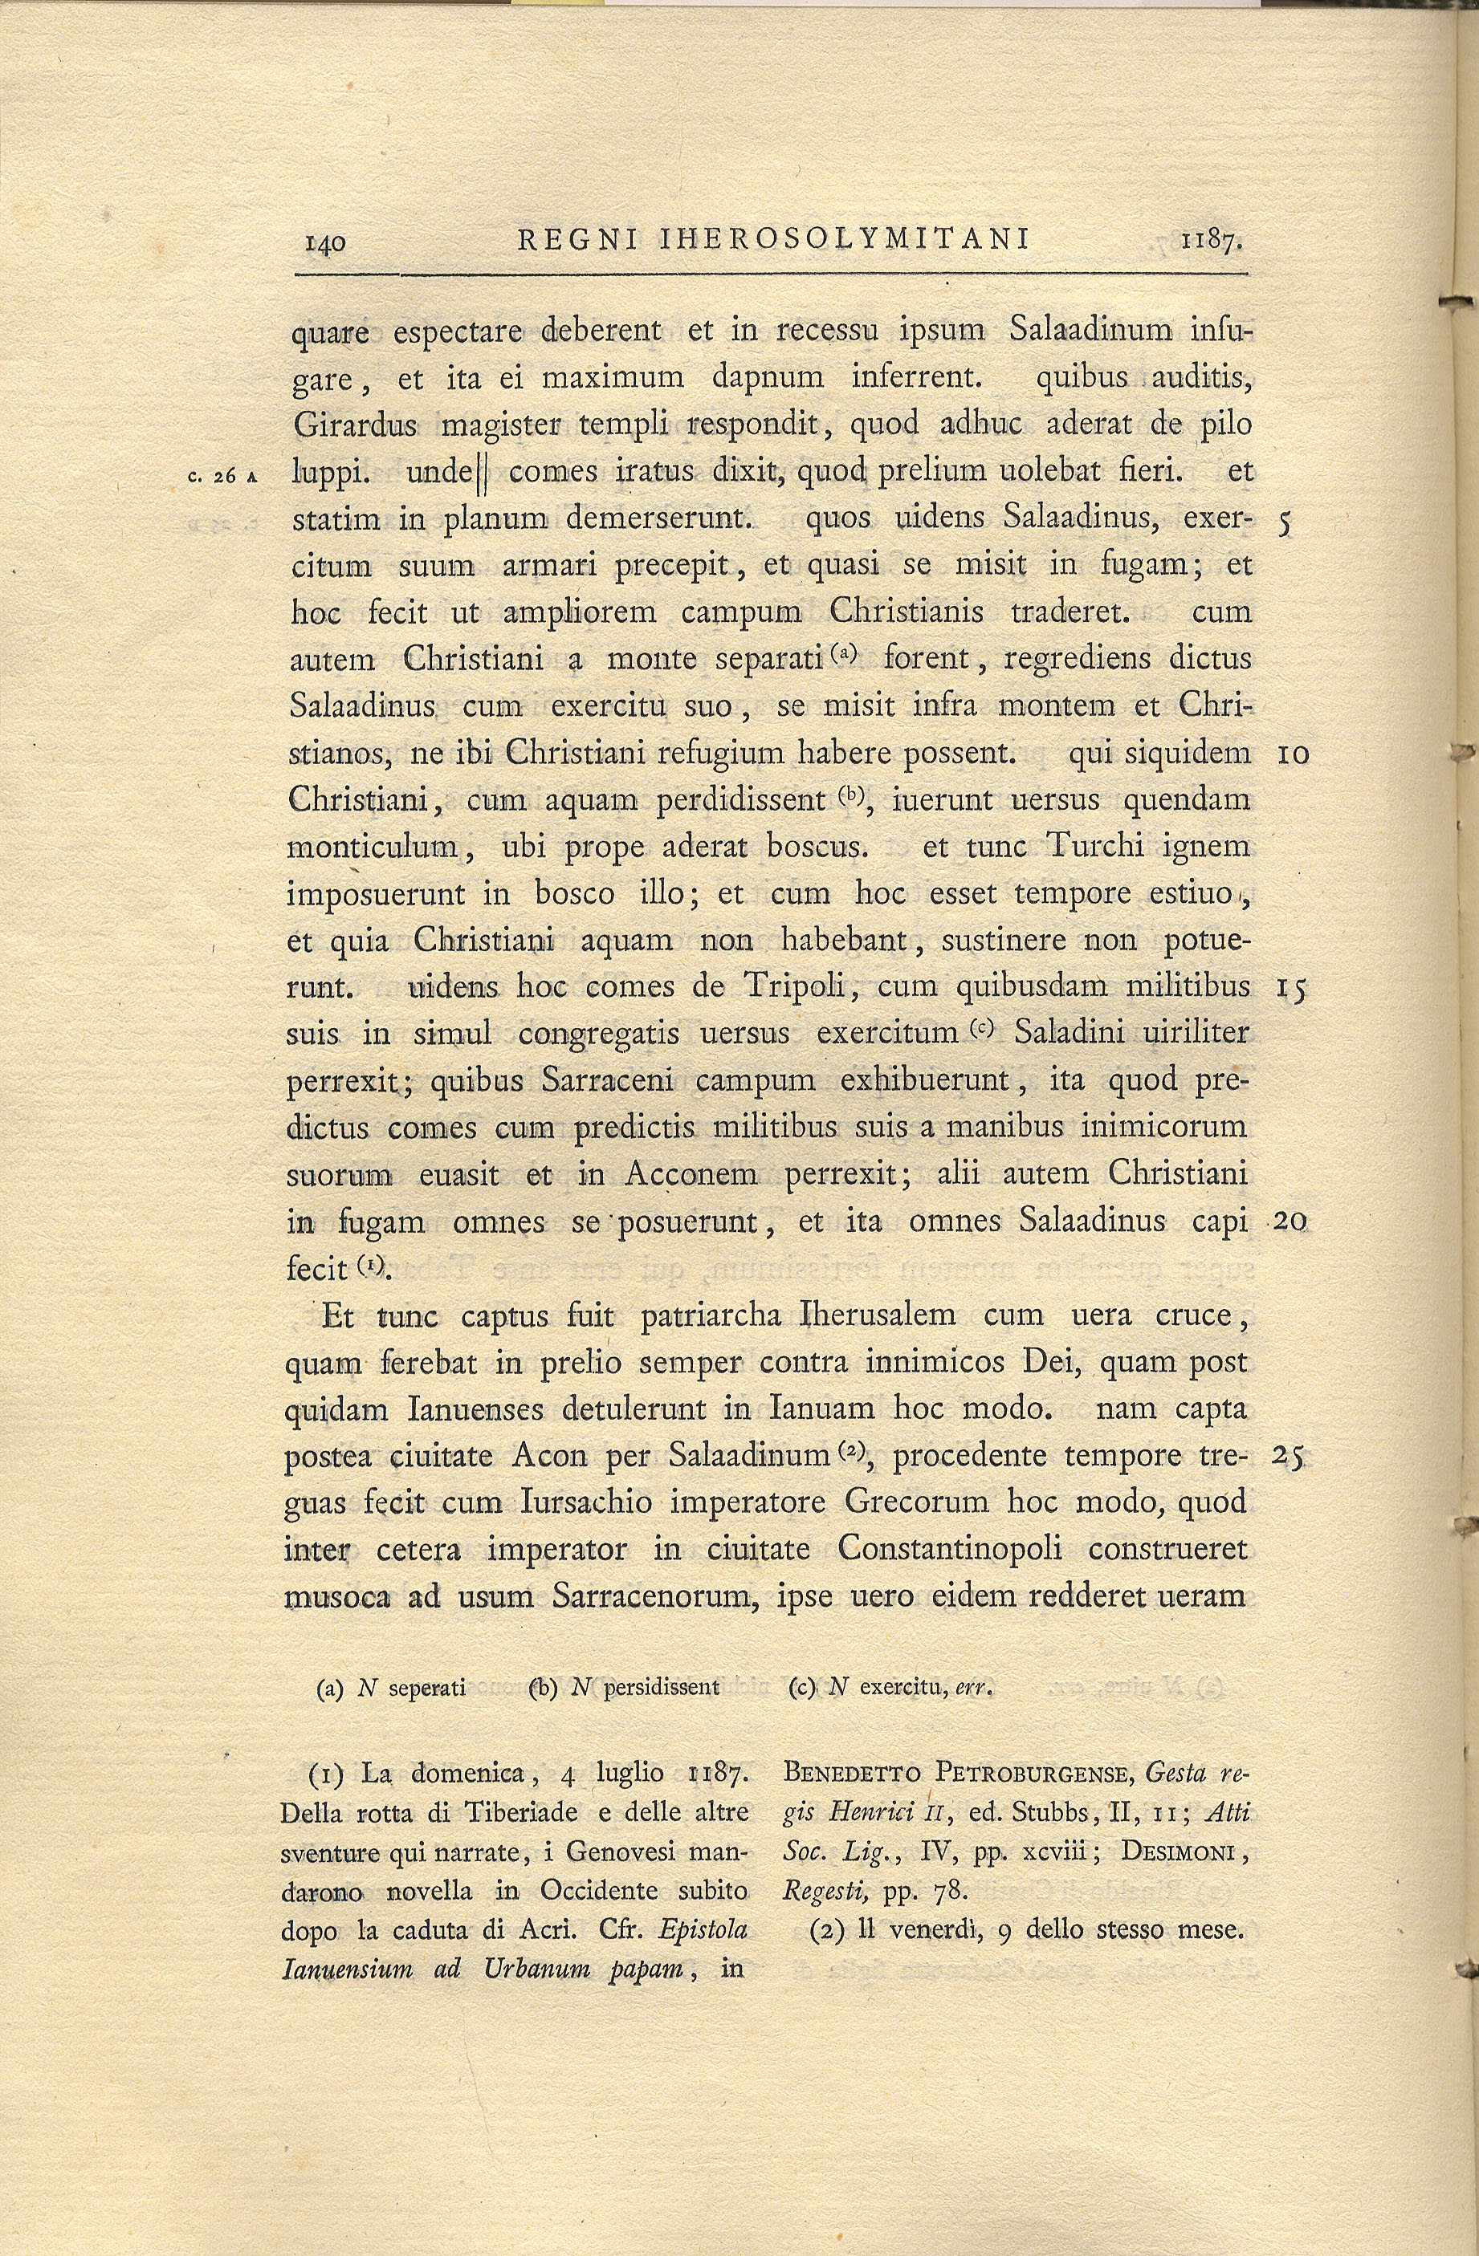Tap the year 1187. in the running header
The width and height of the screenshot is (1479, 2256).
tap(1211, 242)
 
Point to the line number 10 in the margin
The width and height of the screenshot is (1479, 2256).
tap(1294, 755)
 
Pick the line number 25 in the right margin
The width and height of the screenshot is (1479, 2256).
tap(1290, 1457)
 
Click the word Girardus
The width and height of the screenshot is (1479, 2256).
tap(356, 425)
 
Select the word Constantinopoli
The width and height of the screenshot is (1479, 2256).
tap(949, 1550)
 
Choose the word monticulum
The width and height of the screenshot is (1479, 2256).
tap(373, 847)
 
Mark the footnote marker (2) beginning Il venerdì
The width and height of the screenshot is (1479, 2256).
tap(829, 1931)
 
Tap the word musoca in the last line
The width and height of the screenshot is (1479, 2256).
tap(336, 1597)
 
